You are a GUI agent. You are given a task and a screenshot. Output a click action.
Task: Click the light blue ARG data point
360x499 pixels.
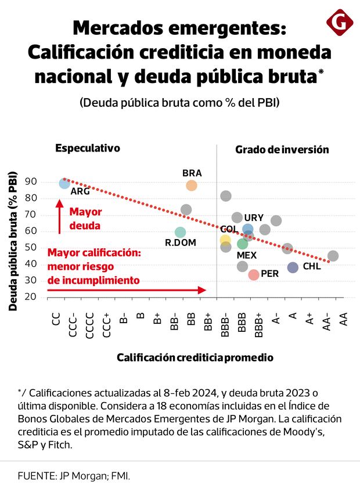64,183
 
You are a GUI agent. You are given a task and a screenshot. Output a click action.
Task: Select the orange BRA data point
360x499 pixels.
192,186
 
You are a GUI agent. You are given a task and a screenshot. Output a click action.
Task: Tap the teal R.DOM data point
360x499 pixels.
181,233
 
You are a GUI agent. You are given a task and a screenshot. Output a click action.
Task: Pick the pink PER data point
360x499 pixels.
254,274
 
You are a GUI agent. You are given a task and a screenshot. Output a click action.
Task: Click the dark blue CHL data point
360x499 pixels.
293,267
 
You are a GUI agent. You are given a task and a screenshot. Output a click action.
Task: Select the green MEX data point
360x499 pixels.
243,244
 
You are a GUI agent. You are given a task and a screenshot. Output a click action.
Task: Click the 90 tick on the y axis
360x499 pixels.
47,182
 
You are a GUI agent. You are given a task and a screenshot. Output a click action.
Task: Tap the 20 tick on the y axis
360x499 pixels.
47,297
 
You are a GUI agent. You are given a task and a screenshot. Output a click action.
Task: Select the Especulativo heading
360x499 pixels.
88,148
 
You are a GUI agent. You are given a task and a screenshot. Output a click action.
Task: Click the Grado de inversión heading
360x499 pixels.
282,150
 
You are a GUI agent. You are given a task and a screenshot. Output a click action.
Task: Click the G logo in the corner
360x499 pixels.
340,23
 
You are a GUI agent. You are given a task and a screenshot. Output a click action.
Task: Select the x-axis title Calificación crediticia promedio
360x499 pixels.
195,357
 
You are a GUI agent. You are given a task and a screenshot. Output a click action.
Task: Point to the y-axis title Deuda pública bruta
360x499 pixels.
13,240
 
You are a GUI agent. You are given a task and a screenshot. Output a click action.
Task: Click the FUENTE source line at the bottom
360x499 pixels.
74,476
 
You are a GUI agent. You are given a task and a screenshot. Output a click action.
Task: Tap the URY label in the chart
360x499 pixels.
254,218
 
